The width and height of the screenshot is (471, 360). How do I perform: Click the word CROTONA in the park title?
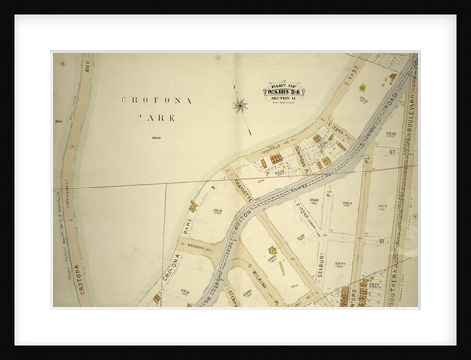(148, 98)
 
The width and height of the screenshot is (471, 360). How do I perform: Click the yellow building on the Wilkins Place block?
(274, 254)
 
